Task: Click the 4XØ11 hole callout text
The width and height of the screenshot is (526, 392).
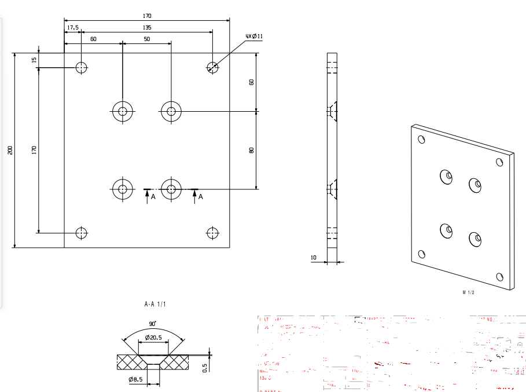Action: pyautogui.click(x=254, y=36)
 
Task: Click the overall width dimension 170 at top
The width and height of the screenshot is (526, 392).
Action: pyautogui.click(x=147, y=16)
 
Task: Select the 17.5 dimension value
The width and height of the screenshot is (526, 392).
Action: pyautogui.click(x=72, y=27)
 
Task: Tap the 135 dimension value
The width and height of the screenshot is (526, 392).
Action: pyautogui.click(x=147, y=27)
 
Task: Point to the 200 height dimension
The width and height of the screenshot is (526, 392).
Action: pyautogui.click(x=10, y=150)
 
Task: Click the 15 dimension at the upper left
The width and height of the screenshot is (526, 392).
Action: pyautogui.click(x=34, y=60)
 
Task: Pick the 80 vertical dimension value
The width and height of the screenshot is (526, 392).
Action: pyautogui.click(x=251, y=150)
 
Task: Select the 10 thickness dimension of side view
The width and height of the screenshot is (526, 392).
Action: pyautogui.click(x=314, y=257)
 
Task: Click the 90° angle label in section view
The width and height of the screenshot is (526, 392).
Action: pyautogui.click(x=152, y=325)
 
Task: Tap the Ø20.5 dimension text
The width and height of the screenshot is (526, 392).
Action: pyautogui.click(x=153, y=337)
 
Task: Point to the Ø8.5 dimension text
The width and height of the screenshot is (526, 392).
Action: pyautogui.click(x=137, y=379)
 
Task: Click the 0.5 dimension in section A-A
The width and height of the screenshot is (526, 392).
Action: pyautogui.click(x=205, y=368)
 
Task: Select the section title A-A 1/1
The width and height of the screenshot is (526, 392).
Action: pyautogui.click(x=153, y=303)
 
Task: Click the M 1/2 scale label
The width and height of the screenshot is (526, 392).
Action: pyautogui.click(x=468, y=292)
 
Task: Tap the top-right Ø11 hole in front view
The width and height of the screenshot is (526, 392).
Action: pyautogui.click(x=213, y=67)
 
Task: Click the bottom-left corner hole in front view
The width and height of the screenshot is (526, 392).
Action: pyautogui.click(x=82, y=233)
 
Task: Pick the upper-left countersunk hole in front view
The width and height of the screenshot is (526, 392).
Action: pyautogui.click(x=123, y=111)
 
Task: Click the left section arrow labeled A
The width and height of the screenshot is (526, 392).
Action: pyautogui.click(x=147, y=195)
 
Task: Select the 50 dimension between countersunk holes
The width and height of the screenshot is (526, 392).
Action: pyautogui.click(x=147, y=39)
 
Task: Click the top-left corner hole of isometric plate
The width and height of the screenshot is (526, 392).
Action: pyautogui.click(x=421, y=140)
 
